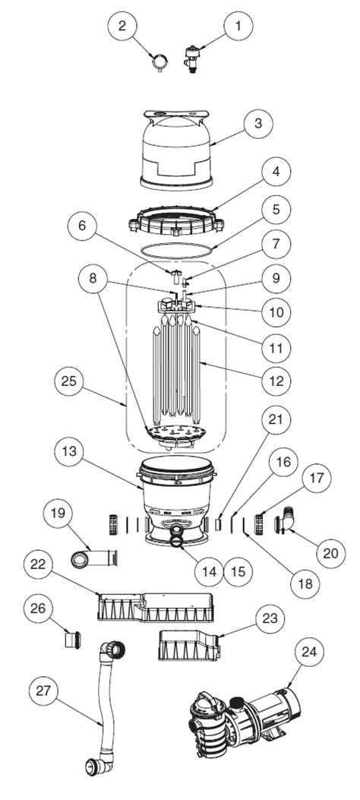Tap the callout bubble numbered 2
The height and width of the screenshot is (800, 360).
click(x=122, y=26)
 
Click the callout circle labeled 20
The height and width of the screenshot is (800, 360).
click(x=330, y=552)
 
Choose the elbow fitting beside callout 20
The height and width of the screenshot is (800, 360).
click(x=288, y=523)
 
